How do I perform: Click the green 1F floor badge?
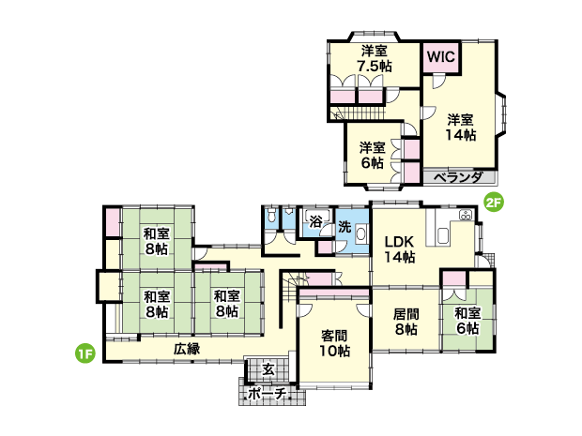(x=85, y=353)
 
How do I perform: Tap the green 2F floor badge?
(x=494, y=203)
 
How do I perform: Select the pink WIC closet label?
(x=440, y=57)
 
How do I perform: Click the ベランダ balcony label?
(x=458, y=177)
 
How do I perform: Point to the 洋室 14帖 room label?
(x=460, y=128)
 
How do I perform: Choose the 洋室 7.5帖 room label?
(x=375, y=58)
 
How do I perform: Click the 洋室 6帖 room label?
(x=372, y=155)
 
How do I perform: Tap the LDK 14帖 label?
(x=399, y=249)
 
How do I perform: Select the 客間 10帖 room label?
(x=335, y=343)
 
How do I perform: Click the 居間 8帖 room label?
(x=406, y=322)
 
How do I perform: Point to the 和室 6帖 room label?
(x=467, y=321)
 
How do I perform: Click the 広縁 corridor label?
(x=187, y=349)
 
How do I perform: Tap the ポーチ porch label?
(x=268, y=394)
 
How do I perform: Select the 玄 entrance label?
(x=268, y=369)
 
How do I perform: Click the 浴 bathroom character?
(x=315, y=222)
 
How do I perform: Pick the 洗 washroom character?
(x=345, y=227)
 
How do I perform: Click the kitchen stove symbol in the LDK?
(x=466, y=215)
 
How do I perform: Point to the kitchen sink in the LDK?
(x=443, y=235)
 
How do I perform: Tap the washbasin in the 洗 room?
(x=360, y=234)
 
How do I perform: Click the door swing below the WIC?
(x=438, y=81)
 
